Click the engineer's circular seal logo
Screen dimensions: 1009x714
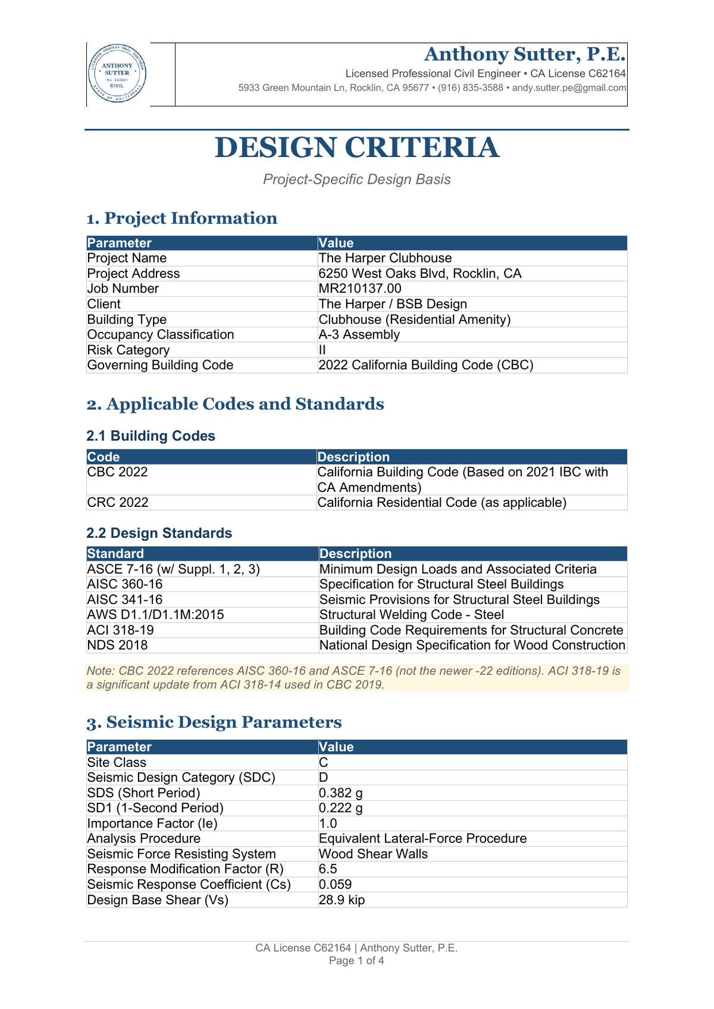(117, 74)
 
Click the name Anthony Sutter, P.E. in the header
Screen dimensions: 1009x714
(524, 54)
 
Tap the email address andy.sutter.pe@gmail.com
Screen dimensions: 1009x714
(569, 88)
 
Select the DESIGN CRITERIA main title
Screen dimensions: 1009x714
(356, 148)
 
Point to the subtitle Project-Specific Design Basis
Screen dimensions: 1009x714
(356, 180)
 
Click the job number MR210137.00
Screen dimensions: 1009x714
(360, 289)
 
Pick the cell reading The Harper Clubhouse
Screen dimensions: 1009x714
(385, 258)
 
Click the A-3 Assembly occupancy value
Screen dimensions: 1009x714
(359, 334)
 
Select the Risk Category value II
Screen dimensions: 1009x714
(322, 350)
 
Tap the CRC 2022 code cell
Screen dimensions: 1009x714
(118, 503)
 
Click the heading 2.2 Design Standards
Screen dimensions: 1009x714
(159, 533)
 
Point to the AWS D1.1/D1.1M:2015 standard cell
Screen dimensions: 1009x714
(155, 615)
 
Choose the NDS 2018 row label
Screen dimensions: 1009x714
(117, 645)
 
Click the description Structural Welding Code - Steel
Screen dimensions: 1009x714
(411, 615)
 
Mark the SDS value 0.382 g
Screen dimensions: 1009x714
(340, 793)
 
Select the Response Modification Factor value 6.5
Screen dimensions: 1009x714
(328, 869)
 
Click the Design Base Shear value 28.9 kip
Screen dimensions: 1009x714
(342, 900)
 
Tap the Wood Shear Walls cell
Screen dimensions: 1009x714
(373, 854)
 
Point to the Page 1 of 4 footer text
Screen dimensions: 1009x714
(356, 961)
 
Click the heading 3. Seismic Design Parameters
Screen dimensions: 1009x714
(214, 722)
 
